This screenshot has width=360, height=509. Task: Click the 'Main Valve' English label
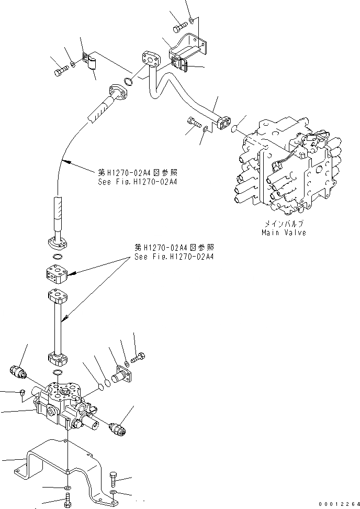[284, 232]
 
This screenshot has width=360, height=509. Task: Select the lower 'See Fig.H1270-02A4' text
[173, 257]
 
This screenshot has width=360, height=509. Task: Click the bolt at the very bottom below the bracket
[67, 504]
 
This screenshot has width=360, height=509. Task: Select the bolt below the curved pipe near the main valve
[194, 124]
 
